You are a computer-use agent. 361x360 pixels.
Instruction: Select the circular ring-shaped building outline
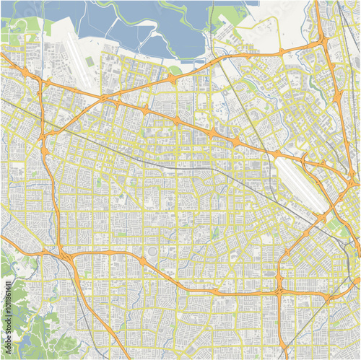[x=142, y=260]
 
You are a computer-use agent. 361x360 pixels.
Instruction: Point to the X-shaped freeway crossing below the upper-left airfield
[x=43, y=134]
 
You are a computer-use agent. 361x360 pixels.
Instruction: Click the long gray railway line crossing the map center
[x=180, y=165]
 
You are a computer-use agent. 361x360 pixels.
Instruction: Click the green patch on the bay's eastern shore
[x=230, y=14]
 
